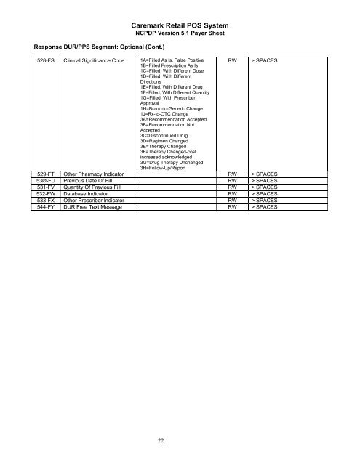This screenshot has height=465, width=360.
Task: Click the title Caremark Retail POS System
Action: (179, 24)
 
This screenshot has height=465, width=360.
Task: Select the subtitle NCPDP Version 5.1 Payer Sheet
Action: (179, 33)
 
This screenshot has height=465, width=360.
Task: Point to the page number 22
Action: (179, 438)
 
